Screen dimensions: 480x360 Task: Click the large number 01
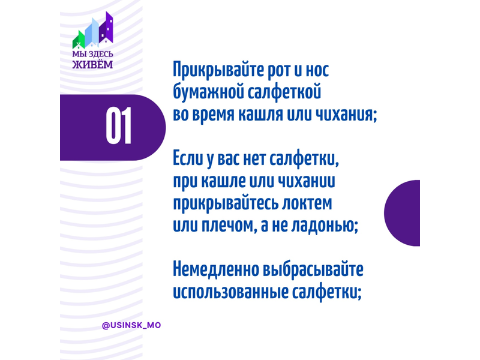(118, 126)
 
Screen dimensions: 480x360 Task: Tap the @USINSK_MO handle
(131, 325)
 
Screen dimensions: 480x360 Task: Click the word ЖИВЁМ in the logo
(92, 64)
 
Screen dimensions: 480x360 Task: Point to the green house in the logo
(79, 40)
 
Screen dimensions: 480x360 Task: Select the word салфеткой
(284, 92)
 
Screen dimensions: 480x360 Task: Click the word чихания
(344, 115)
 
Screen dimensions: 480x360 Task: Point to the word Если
(188, 159)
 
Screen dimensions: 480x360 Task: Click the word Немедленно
(216, 269)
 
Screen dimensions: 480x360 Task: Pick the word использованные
(230, 292)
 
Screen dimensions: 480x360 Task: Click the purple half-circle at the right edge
(402, 213)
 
